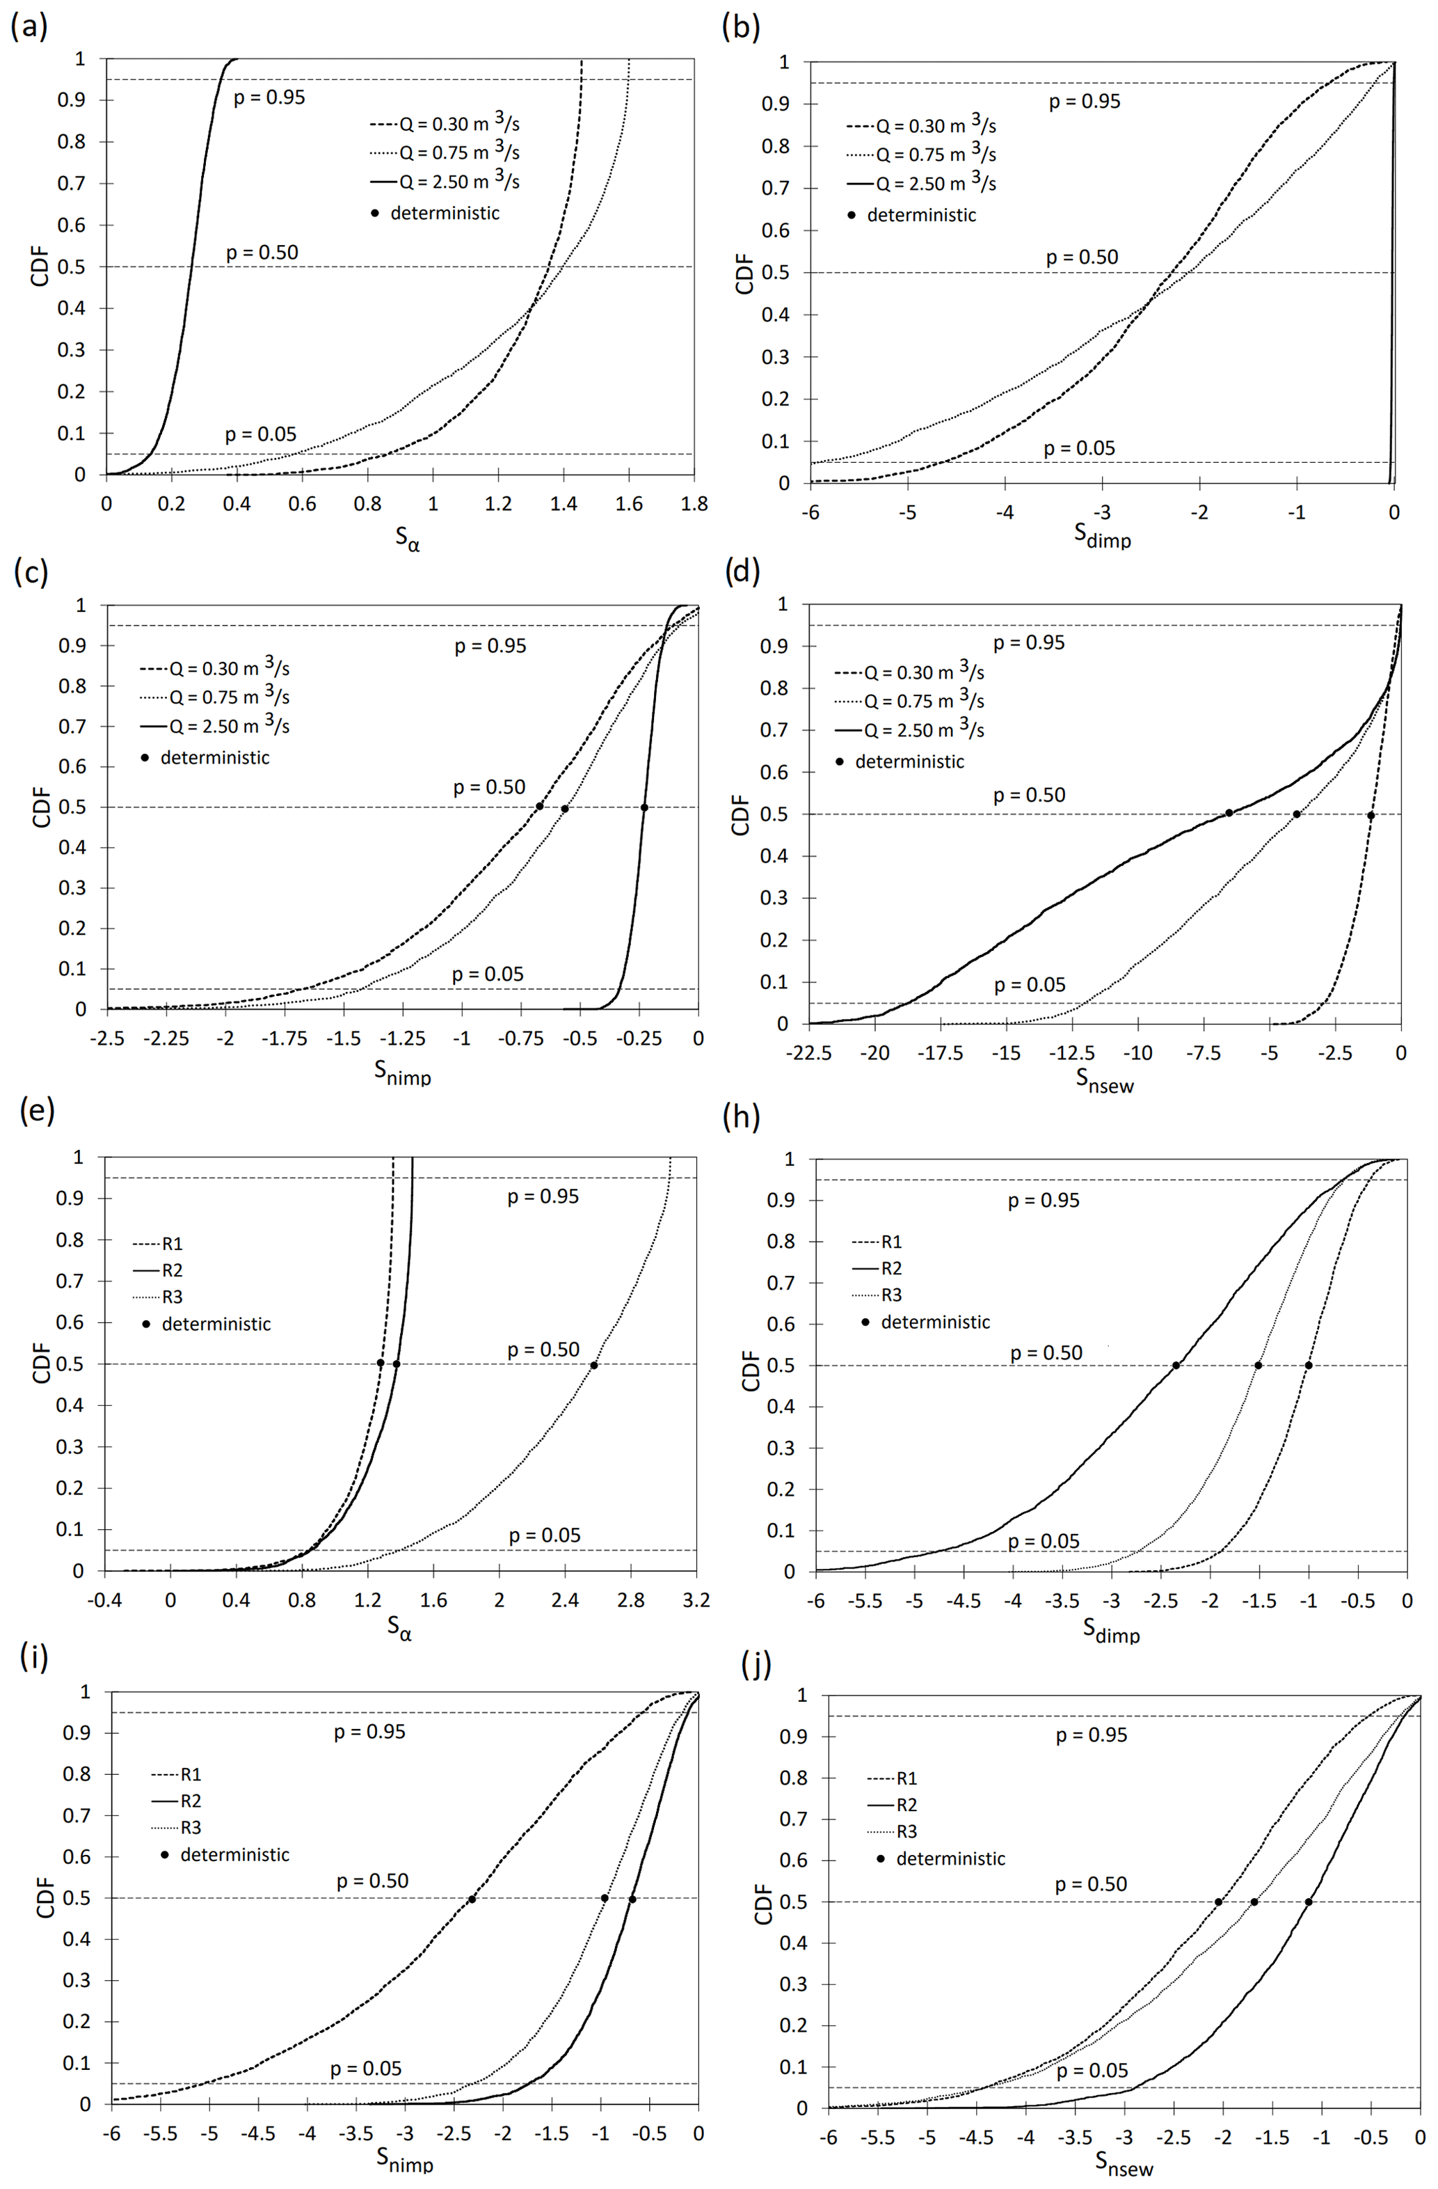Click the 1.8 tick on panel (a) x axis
(x=694, y=504)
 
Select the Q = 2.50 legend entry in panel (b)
(x=922, y=184)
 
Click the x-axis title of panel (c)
(x=403, y=1071)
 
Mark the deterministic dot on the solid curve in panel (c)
(x=644, y=807)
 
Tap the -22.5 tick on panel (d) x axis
(x=809, y=1053)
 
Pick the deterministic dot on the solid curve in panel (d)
(x=1229, y=812)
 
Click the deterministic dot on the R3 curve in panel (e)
(x=594, y=1365)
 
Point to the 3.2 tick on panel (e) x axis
(x=696, y=1600)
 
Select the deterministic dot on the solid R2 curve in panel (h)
(x=1176, y=1365)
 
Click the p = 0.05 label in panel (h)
(x=1044, y=1542)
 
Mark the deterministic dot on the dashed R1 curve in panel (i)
(x=472, y=1898)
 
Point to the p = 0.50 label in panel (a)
(x=262, y=253)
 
